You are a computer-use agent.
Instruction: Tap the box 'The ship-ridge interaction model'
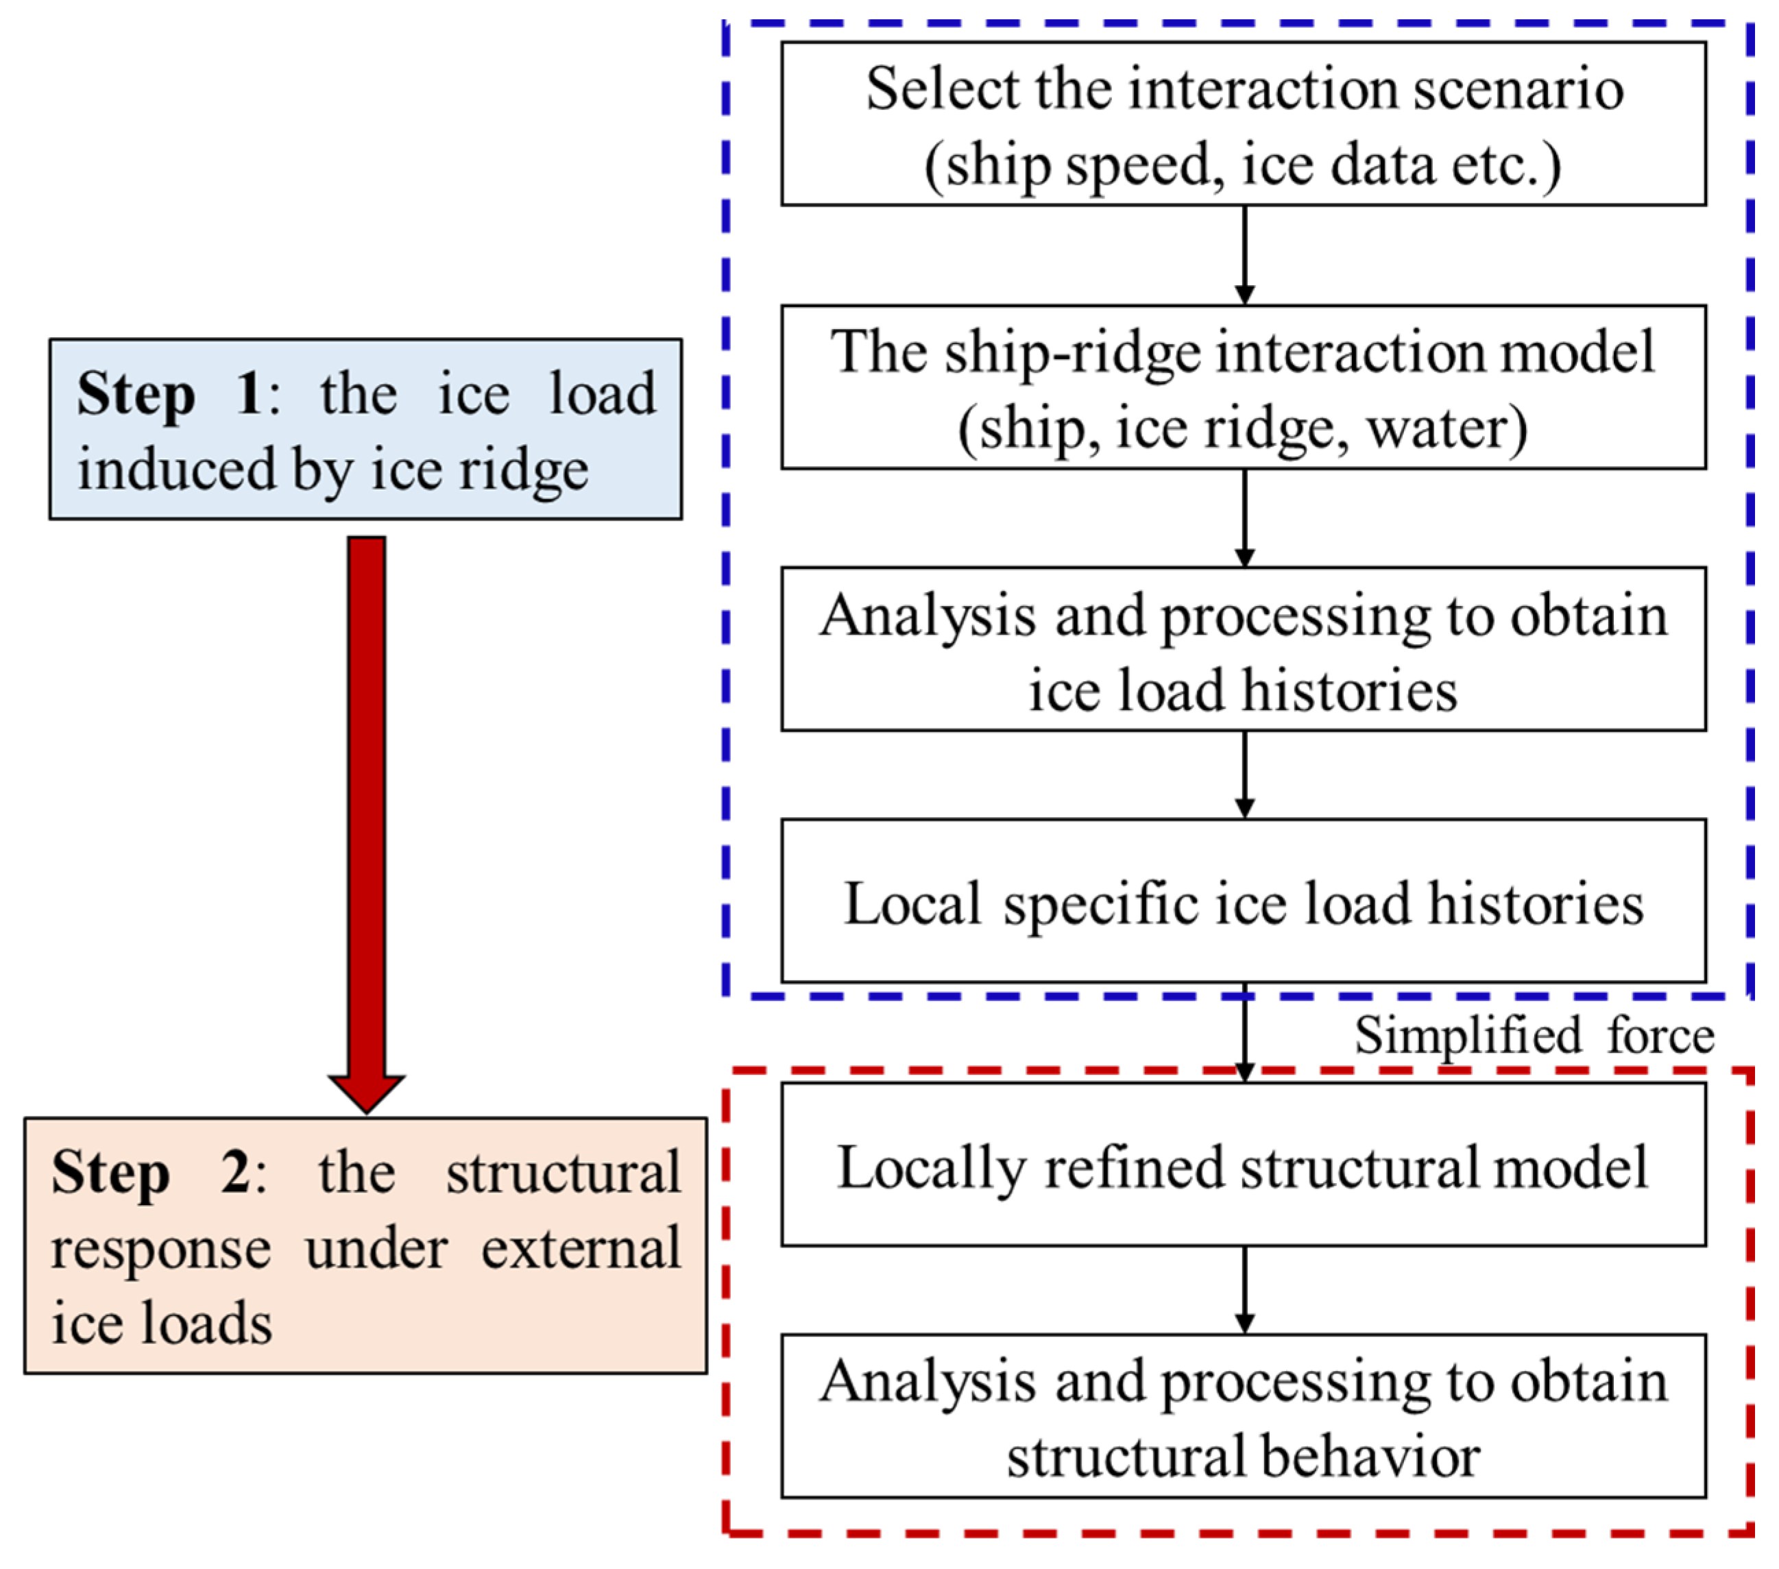1243,387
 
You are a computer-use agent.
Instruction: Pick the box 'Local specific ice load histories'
1243,901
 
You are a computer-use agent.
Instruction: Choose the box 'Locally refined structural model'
1243,1165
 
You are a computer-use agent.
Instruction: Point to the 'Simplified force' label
1534,1036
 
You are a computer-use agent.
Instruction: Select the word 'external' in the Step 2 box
581,1250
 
